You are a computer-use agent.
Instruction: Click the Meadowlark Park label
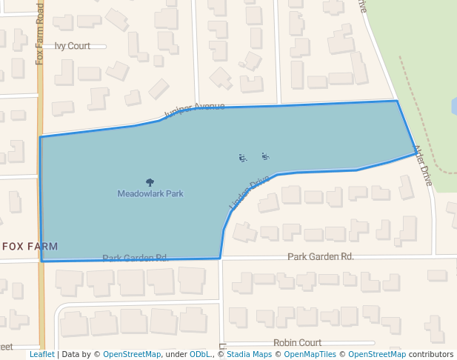pos(150,193)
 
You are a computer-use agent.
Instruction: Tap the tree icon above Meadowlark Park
pos(150,182)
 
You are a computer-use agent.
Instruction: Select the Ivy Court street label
pos(73,46)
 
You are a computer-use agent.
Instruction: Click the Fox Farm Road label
pos(40,33)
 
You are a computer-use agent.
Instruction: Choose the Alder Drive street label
pos(423,164)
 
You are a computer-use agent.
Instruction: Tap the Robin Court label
pos(297,343)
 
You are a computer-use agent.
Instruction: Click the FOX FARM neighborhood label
pos(30,246)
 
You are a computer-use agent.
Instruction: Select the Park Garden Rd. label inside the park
pos(136,258)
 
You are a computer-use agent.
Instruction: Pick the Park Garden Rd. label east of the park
pos(321,256)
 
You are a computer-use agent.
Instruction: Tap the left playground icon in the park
pos(242,158)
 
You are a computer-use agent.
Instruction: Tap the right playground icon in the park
pos(264,156)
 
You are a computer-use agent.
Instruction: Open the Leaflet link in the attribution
pos(41,355)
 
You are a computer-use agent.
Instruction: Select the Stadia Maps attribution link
pos(247,355)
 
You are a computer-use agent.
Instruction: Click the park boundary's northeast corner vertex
pos(397,101)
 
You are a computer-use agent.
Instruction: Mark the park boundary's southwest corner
pos(42,261)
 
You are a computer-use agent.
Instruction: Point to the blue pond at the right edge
pos(453,106)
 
